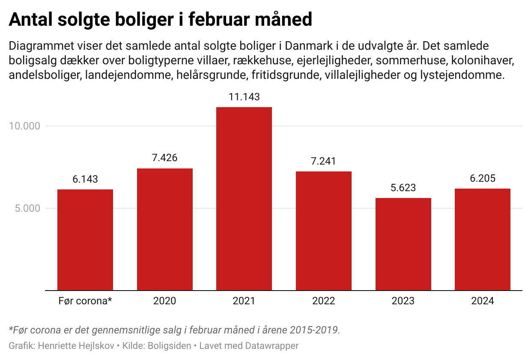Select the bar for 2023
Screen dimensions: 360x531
point(403,244)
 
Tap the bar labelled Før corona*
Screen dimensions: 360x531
point(85,240)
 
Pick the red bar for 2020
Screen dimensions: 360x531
point(165,229)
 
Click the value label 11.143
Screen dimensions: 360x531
point(244,97)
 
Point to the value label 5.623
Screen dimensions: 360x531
point(403,188)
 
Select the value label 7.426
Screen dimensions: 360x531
point(165,158)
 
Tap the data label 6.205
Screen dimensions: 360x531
point(483,178)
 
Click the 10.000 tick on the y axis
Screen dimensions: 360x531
point(24,126)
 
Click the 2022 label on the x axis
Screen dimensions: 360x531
point(324,301)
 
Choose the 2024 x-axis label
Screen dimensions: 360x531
point(483,301)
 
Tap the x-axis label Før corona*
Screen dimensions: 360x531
point(85,301)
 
